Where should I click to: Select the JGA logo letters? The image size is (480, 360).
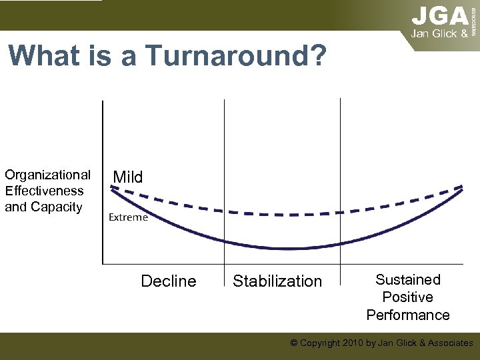(439, 15)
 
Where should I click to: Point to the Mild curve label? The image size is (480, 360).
(128, 177)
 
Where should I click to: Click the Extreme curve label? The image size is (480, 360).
(128, 217)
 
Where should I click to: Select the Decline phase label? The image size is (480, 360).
(169, 281)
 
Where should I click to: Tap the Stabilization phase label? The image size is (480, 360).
(277, 281)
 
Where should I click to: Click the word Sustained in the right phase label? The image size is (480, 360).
(408, 280)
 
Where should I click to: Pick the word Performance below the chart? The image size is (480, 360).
(408, 315)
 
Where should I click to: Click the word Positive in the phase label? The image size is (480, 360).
(408, 297)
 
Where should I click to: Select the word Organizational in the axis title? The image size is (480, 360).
(47, 175)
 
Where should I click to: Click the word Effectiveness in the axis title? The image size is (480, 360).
(44, 191)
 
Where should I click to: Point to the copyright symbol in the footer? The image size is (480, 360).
(294, 343)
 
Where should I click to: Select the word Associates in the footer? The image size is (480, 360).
(447, 343)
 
